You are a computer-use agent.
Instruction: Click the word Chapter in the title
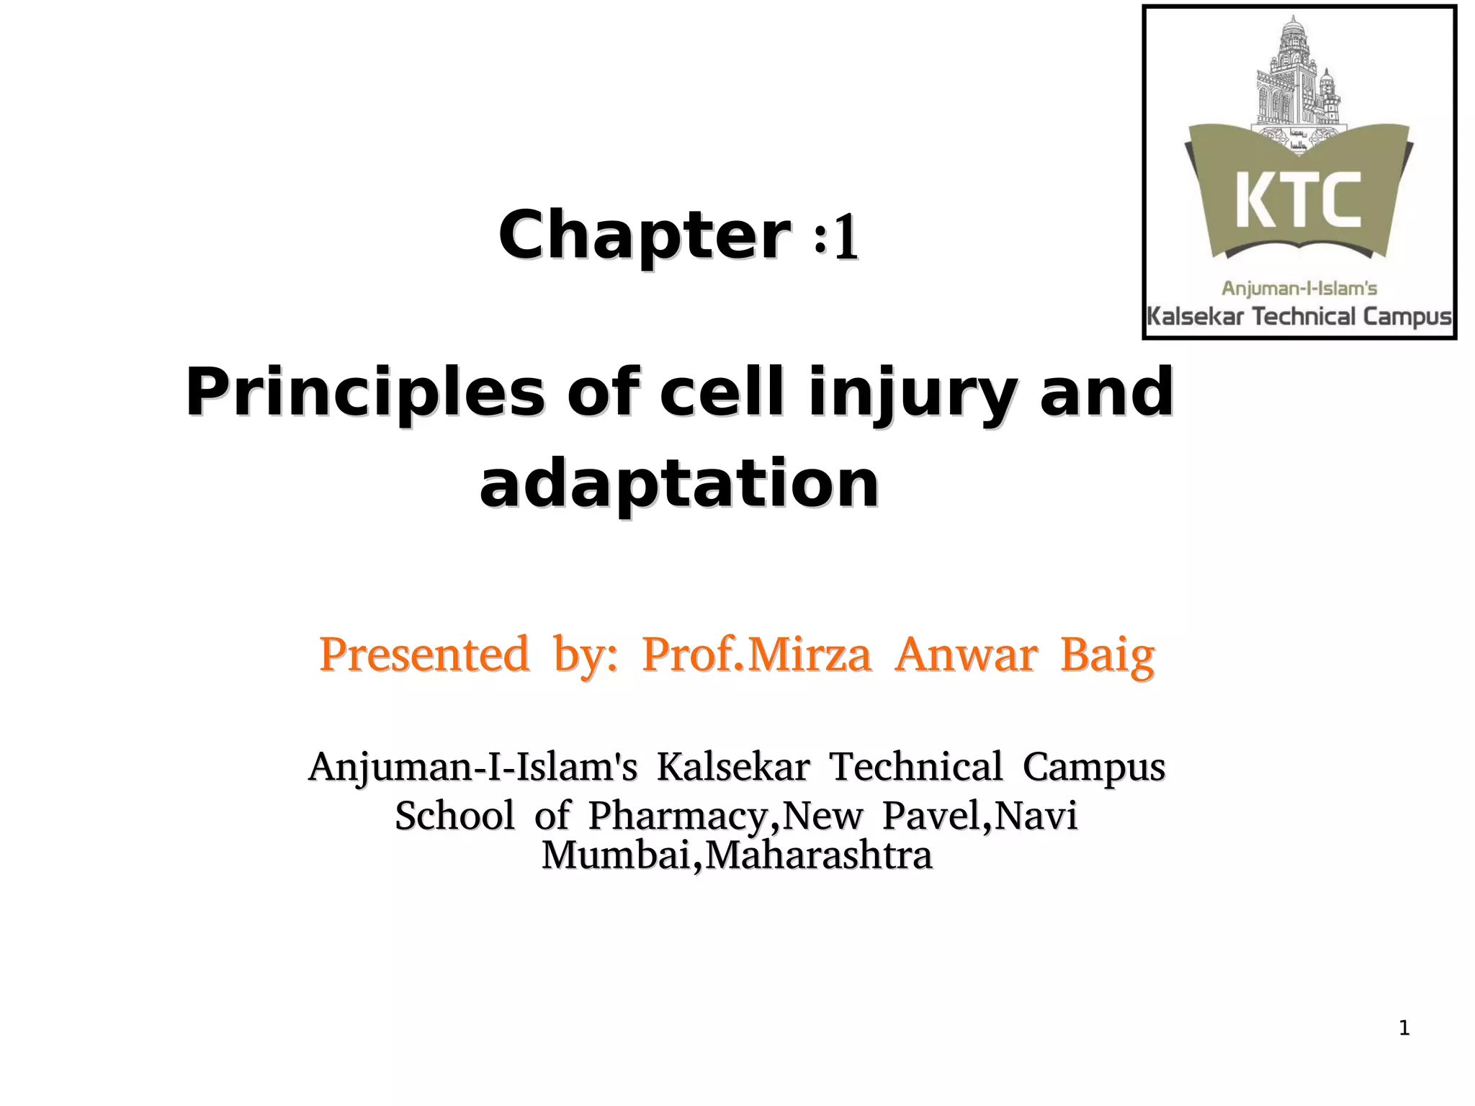click(x=642, y=236)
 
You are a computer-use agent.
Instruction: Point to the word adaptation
click(x=678, y=484)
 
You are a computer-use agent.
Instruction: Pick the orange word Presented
click(x=423, y=655)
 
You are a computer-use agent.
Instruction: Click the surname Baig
click(x=1107, y=655)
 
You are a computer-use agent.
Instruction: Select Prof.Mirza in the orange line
click(x=756, y=655)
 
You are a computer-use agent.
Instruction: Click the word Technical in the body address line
click(x=915, y=766)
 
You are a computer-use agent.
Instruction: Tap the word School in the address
click(x=454, y=816)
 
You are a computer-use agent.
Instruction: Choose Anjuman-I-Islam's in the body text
click(x=472, y=766)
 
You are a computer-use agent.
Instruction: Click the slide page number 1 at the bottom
click(x=1404, y=1028)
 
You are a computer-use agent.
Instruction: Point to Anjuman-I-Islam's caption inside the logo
click(x=1299, y=289)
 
